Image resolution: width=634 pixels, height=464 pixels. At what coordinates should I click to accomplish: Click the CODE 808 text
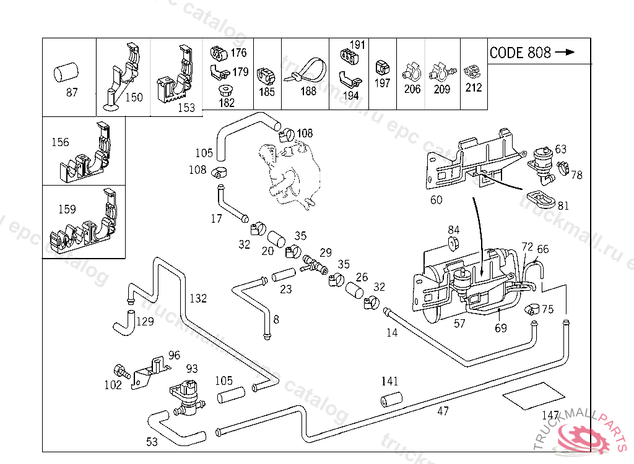(520, 53)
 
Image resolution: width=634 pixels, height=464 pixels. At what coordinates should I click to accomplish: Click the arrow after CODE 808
(565, 53)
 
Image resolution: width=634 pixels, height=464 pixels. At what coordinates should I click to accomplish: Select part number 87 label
(72, 93)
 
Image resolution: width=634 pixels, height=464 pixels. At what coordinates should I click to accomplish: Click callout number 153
(186, 108)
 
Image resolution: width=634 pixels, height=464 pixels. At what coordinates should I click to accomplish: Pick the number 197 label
(383, 83)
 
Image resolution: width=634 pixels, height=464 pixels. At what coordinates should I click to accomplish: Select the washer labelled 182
(227, 90)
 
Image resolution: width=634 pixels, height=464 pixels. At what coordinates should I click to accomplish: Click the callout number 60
(436, 200)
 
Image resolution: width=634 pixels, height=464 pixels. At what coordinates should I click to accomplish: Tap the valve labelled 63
(542, 160)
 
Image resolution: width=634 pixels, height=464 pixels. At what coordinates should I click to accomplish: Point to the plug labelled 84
(453, 243)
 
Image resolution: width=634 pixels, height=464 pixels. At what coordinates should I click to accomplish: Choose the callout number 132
(198, 299)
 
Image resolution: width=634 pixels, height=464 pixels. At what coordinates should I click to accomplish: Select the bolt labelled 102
(124, 372)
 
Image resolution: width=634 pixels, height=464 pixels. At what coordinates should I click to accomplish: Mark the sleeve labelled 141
(390, 400)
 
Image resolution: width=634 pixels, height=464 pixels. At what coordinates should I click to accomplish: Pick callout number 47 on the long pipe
(443, 411)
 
